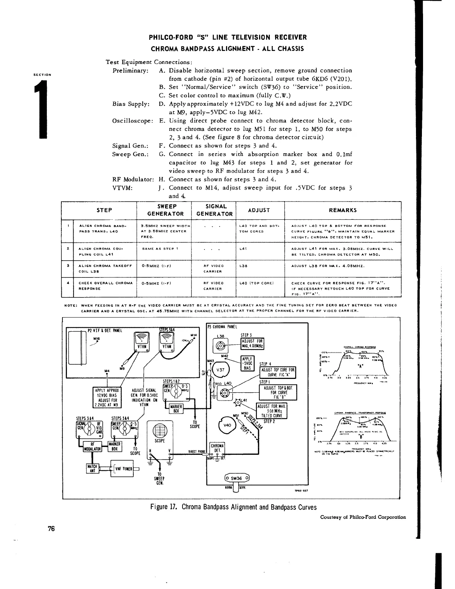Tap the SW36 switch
pyautogui.click(x=236, y=478)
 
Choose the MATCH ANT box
pyautogui.click(x=91, y=468)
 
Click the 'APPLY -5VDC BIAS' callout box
pyautogui.click(x=247, y=363)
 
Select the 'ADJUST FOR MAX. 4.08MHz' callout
pyautogui.click(x=252, y=343)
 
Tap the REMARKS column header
pyautogui.click(x=343, y=210)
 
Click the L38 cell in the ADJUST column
pyautogui.click(x=244, y=266)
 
